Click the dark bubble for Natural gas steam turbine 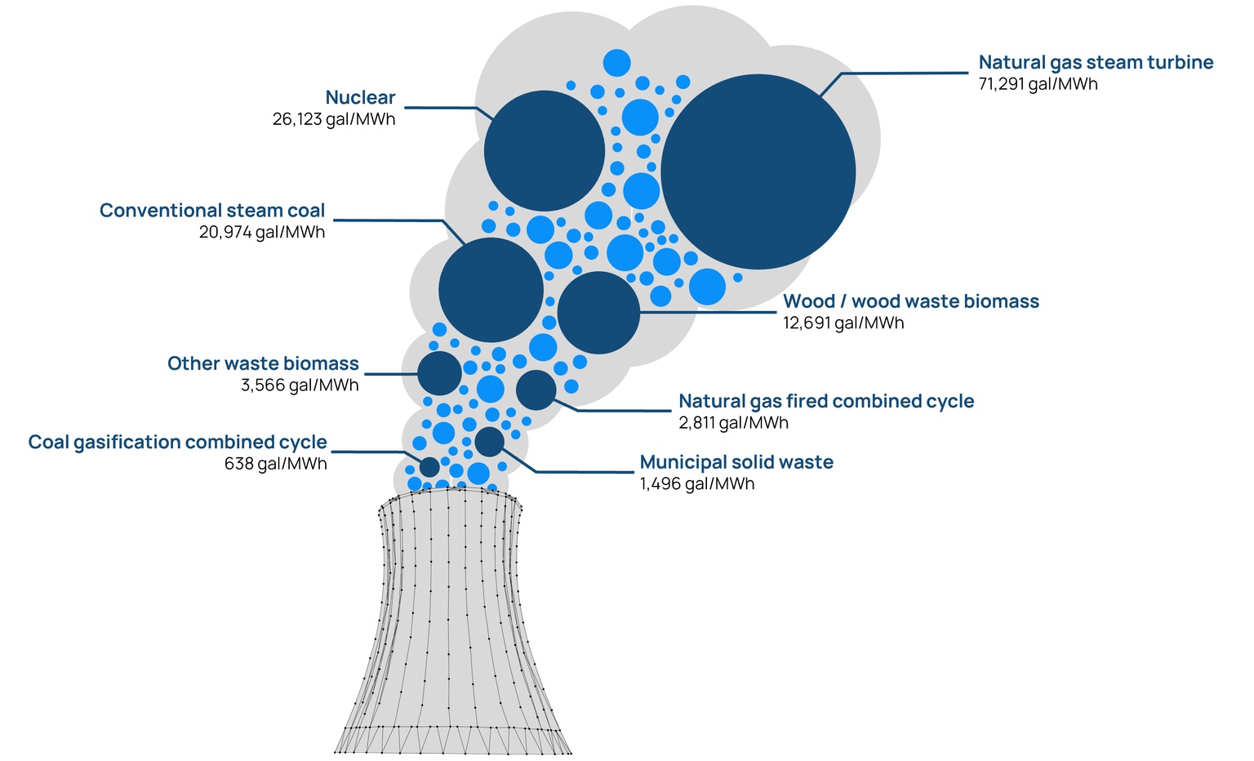[758, 171]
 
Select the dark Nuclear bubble [544, 151]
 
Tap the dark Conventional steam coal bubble [491, 290]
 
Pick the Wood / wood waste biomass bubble [598, 313]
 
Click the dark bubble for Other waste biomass [439, 373]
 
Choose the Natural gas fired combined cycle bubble [536, 389]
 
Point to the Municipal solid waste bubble [489, 442]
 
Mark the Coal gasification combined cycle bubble [429, 467]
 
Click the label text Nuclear [360, 98]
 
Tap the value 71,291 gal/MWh [1038, 84]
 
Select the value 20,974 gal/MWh [261, 233]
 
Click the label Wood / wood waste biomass [910, 301]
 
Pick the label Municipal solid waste [736, 462]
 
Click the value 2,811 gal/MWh [733, 423]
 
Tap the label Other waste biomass [263, 363]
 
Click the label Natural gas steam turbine [1096, 62]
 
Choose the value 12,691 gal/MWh [843, 323]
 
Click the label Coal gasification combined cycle [177, 443]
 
